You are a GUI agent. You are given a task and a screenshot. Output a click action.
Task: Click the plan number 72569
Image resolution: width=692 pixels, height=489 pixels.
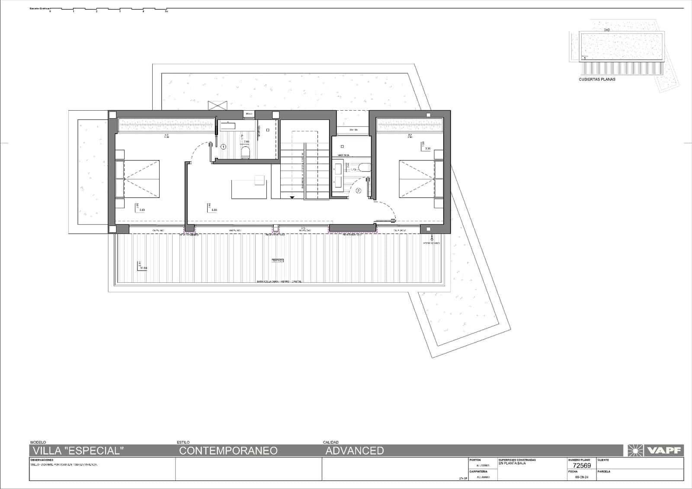(x=582, y=466)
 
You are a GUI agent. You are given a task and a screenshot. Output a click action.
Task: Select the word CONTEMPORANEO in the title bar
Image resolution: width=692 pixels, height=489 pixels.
(x=228, y=451)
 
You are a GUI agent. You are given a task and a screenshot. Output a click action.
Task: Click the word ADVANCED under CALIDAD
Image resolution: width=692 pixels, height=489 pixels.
(x=354, y=451)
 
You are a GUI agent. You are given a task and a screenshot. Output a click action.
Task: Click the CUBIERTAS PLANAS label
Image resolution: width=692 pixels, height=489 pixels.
(x=597, y=80)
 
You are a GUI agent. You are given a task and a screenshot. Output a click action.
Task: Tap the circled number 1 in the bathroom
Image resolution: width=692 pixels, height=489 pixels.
(x=224, y=147)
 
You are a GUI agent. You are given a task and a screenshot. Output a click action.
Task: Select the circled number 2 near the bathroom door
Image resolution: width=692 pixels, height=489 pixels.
(x=358, y=190)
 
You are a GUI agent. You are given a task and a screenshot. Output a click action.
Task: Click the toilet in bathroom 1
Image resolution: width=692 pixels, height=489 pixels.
(x=245, y=152)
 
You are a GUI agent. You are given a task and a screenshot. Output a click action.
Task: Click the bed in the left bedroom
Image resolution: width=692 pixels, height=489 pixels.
(x=138, y=179)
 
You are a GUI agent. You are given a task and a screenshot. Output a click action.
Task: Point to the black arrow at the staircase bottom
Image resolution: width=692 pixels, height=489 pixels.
(x=292, y=197)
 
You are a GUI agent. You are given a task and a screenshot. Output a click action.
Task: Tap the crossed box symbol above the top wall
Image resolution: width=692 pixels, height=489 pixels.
(x=217, y=105)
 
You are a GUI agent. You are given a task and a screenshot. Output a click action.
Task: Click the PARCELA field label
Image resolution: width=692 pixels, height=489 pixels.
(x=604, y=471)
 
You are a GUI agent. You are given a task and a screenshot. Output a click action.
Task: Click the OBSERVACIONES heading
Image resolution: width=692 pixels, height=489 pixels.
(x=42, y=460)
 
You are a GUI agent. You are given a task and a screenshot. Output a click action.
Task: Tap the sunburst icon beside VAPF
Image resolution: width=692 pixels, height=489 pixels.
(x=635, y=451)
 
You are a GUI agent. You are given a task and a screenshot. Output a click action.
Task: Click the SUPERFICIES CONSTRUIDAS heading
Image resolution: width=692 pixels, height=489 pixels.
(x=517, y=460)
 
